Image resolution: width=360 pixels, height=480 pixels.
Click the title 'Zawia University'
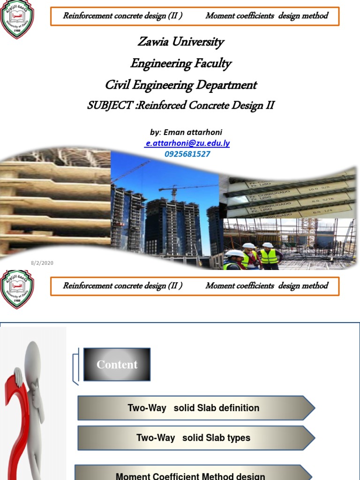(x=180, y=42)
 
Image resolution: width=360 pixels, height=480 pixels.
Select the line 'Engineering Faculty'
(x=180, y=63)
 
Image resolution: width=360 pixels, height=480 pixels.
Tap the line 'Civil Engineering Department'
(x=180, y=85)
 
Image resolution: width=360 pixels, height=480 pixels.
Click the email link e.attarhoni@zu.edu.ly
(x=187, y=143)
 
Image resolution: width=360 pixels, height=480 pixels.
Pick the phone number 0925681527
(x=187, y=154)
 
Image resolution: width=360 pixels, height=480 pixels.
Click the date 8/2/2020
(x=43, y=263)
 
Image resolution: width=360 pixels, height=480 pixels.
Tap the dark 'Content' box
(x=117, y=364)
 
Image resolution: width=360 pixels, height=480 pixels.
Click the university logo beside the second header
(x=17, y=288)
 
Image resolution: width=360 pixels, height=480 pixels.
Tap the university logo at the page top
(x=17, y=19)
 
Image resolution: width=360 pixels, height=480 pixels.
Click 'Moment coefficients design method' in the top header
(x=267, y=15)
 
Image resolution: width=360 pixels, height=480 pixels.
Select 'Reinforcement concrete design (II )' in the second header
(x=123, y=285)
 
